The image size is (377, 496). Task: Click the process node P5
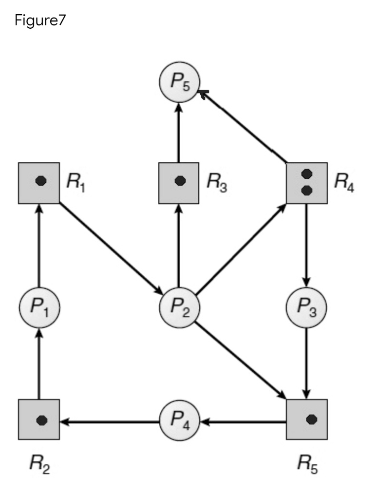(x=179, y=82)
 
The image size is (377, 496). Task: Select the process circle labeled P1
(x=39, y=307)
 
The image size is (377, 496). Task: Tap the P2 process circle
(x=179, y=307)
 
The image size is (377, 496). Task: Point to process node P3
(x=306, y=307)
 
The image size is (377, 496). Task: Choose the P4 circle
(x=179, y=420)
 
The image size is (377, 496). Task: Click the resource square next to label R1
(x=39, y=183)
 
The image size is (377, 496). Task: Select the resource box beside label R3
(x=179, y=183)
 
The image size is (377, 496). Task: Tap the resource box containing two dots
(x=307, y=183)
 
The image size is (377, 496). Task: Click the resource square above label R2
(x=39, y=420)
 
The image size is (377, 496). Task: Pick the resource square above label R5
(x=307, y=420)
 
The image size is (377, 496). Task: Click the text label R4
(x=344, y=183)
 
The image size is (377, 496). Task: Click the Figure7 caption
(x=40, y=21)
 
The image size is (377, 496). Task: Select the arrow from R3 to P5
(x=179, y=133)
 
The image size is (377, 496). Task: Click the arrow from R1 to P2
(x=111, y=248)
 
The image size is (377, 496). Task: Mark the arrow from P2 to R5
(x=240, y=360)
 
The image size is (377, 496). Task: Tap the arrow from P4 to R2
(x=110, y=421)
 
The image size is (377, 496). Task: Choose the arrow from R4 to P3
(x=306, y=246)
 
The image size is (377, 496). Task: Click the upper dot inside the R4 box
(x=307, y=173)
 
